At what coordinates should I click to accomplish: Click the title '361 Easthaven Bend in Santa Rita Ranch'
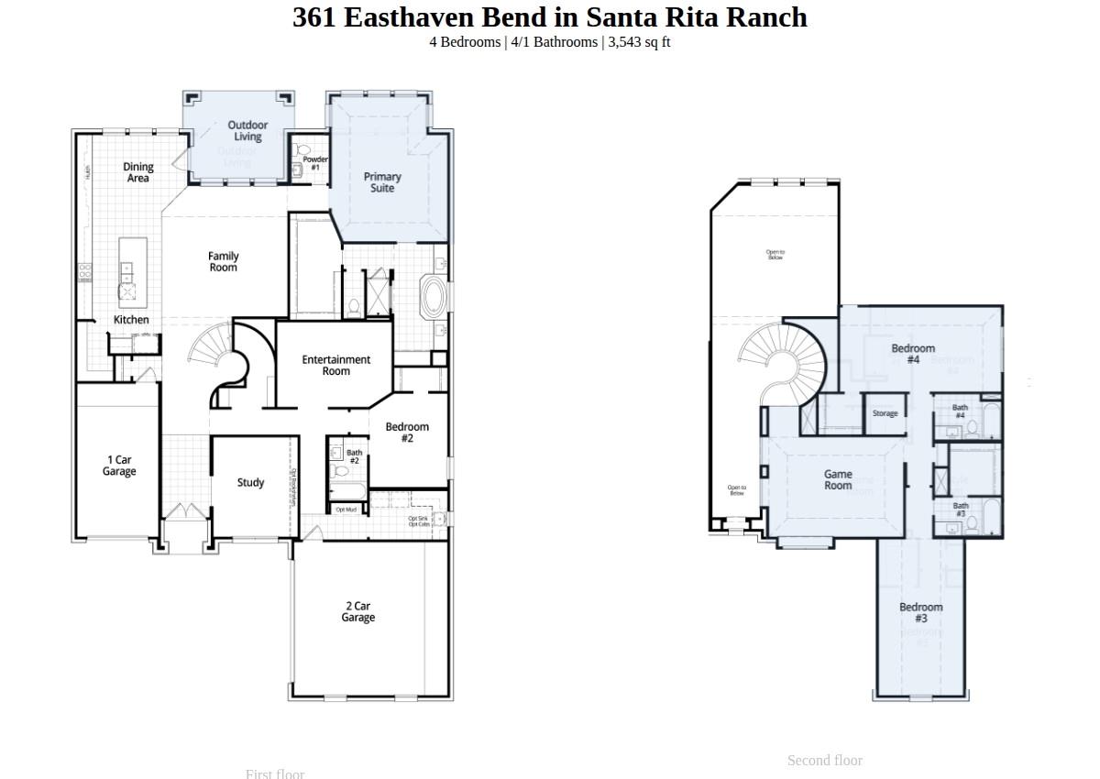550,17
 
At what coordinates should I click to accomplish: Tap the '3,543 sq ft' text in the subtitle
639,42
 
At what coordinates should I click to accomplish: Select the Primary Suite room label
382,182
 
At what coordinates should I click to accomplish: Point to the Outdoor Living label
247,131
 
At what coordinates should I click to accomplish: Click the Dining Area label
138,172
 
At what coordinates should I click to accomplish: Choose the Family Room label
224,262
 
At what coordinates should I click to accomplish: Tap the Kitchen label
131,320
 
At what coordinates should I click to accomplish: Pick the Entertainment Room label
336,366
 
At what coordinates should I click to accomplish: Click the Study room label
250,483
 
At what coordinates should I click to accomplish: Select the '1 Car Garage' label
119,466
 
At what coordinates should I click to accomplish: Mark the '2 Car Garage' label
358,612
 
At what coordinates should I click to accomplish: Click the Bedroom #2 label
407,433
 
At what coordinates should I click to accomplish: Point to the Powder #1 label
315,163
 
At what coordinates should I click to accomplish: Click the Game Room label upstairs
838,480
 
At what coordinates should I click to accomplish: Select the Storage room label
885,413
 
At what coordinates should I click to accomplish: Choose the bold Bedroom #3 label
920,612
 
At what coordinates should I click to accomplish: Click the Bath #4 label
960,411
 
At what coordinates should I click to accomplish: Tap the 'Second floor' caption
825,761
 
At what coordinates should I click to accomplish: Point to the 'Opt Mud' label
346,510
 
